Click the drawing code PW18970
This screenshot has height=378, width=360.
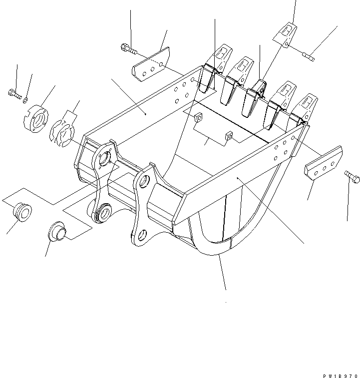click(x=341, y=376)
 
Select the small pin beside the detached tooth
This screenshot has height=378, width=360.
click(x=309, y=57)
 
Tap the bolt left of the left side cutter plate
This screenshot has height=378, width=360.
click(x=128, y=48)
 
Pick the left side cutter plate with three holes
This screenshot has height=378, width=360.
click(x=151, y=64)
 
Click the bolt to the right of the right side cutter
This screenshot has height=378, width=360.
click(x=353, y=177)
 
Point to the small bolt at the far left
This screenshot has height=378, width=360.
click(x=15, y=94)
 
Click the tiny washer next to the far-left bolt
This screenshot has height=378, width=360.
click(x=25, y=99)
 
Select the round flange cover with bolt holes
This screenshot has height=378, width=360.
click(x=36, y=119)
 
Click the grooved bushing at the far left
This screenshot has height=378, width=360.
click(x=22, y=212)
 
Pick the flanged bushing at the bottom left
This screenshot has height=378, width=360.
click(x=57, y=231)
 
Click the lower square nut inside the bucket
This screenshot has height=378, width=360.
click(x=229, y=136)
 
